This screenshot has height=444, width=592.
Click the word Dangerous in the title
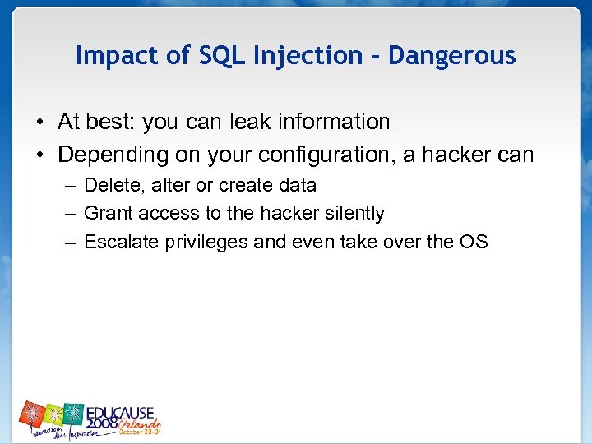click(x=451, y=56)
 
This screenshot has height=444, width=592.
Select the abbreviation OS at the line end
click(x=474, y=242)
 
